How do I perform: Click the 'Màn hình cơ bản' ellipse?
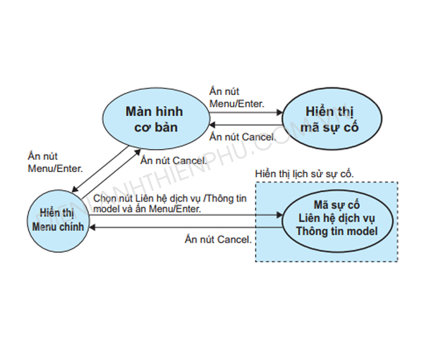click(x=154, y=118)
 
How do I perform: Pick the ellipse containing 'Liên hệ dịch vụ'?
click(x=337, y=218)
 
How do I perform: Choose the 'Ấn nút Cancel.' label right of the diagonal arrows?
click(x=174, y=160)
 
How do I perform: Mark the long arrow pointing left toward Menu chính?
click(x=187, y=227)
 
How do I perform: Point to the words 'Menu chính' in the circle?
click(x=58, y=226)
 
